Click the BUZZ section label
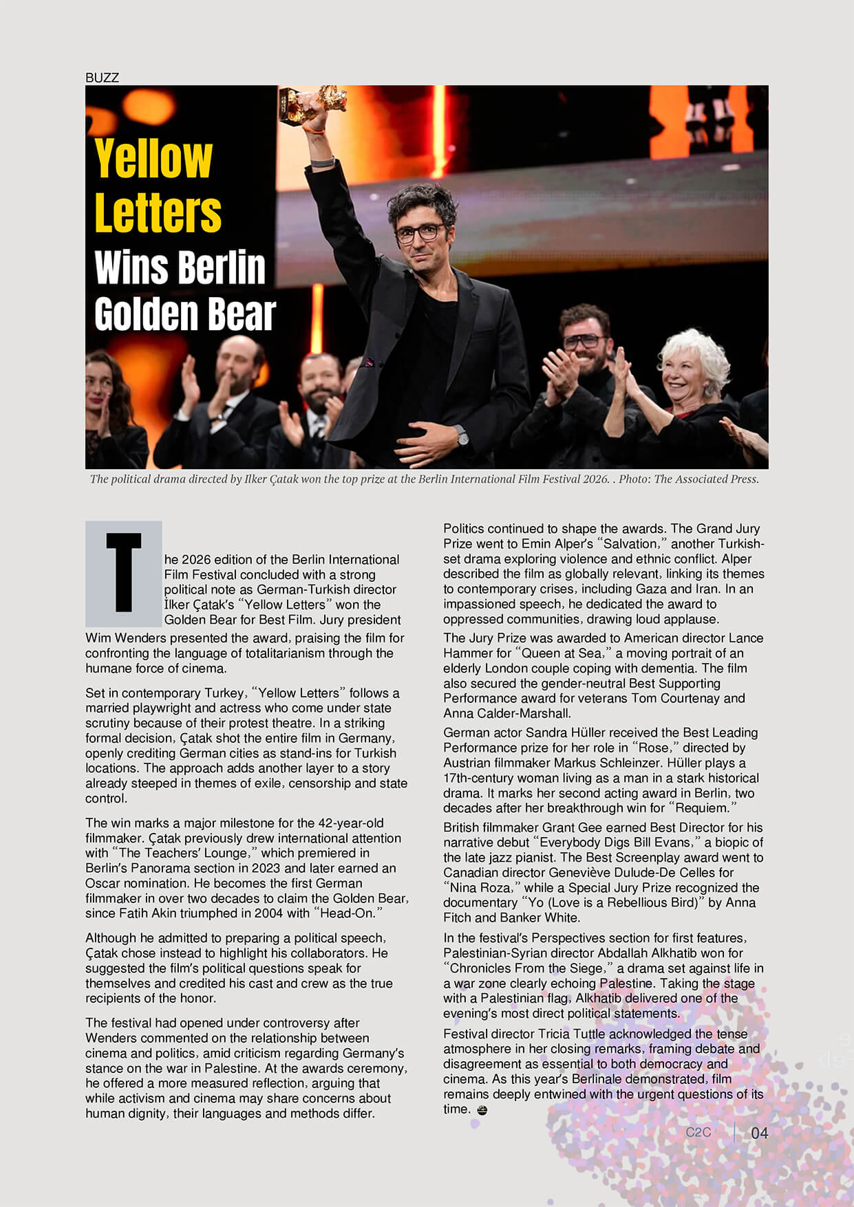pyautogui.click(x=102, y=78)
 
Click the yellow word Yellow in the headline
pyautogui.click(x=153, y=159)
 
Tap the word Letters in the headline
pyautogui.click(x=158, y=213)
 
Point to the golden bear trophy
pyautogui.click(x=314, y=104)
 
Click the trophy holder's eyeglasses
pyautogui.click(x=420, y=233)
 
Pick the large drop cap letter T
pyautogui.click(x=124, y=573)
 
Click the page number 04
pyautogui.click(x=759, y=1133)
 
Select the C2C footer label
pyautogui.click(x=698, y=1132)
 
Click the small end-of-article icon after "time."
pyautogui.click(x=482, y=1109)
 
